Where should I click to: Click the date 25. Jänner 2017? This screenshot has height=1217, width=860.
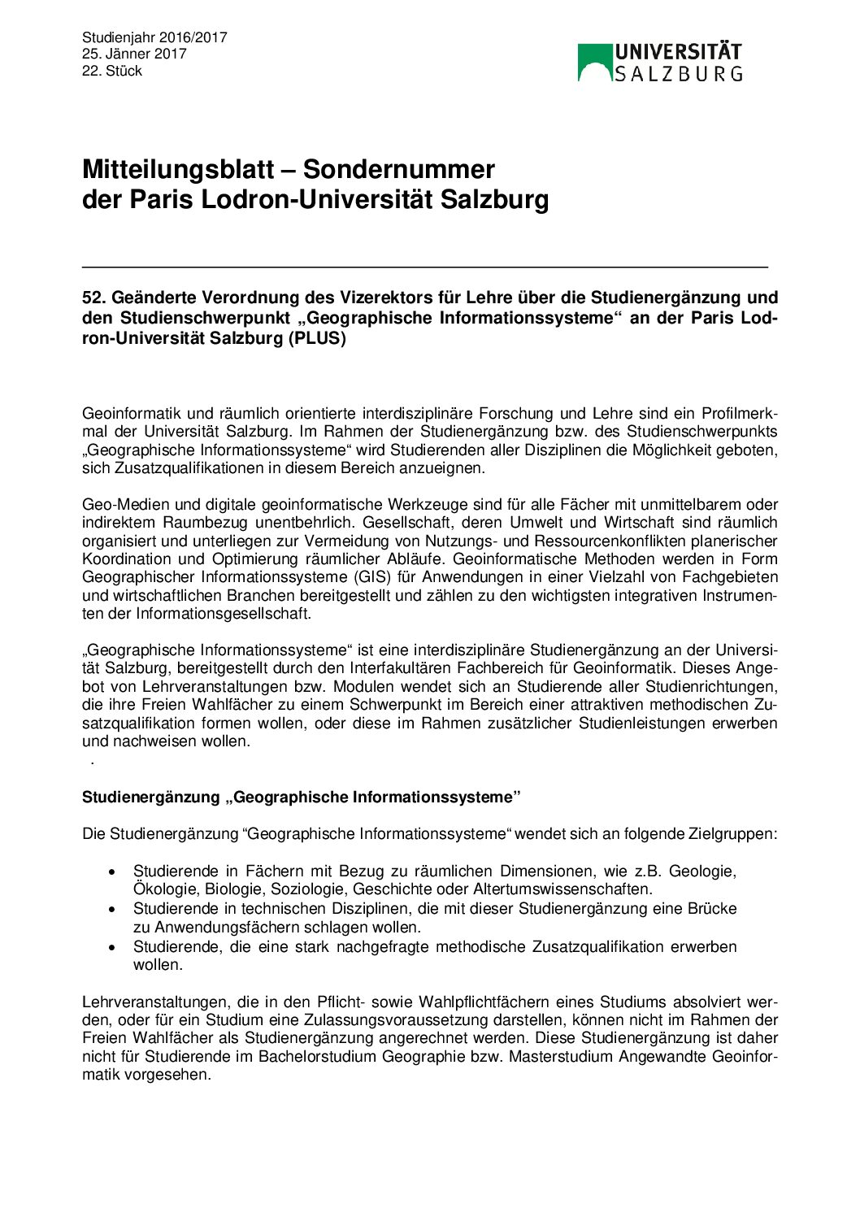click(134, 54)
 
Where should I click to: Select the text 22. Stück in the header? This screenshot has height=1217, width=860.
click(112, 71)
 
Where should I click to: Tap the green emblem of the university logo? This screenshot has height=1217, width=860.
click(594, 63)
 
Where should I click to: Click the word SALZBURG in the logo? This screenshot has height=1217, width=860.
click(678, 74)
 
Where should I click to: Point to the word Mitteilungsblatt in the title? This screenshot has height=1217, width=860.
click(178, 169)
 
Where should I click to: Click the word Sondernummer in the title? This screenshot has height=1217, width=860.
click(398, 169)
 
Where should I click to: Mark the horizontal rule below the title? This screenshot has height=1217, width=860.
click(424, 267)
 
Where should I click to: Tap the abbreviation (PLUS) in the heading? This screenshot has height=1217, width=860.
click(317, 338)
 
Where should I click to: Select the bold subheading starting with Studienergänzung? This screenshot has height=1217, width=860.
click(301, 798)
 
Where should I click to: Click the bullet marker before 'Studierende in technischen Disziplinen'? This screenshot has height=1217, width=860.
click(112, 909)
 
